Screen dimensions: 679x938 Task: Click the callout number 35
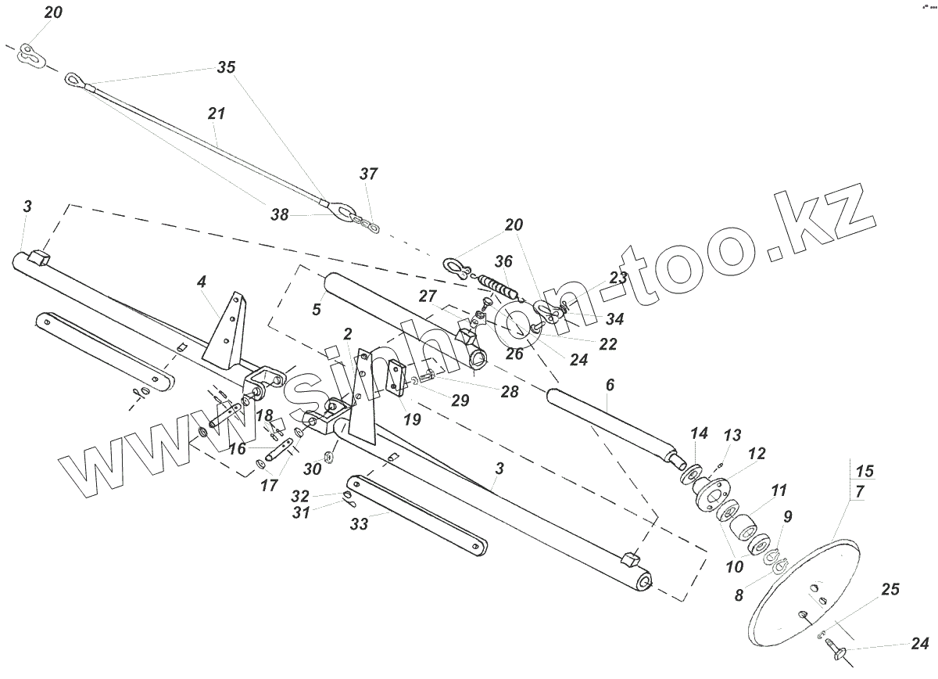(226, 67)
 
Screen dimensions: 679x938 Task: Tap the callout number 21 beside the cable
(217, 113)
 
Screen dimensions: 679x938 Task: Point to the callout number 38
(280, 214)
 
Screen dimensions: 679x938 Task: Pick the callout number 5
(316, 309)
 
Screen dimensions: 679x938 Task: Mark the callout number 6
(610, 385)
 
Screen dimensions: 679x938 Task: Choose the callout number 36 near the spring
(504, 261)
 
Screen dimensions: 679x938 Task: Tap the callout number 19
(412, 419)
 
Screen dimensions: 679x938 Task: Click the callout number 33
(359, 525)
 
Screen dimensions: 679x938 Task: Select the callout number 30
(313, 469)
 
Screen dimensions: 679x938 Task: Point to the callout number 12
(756, 454)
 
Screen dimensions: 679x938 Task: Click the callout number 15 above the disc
(865, 472)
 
